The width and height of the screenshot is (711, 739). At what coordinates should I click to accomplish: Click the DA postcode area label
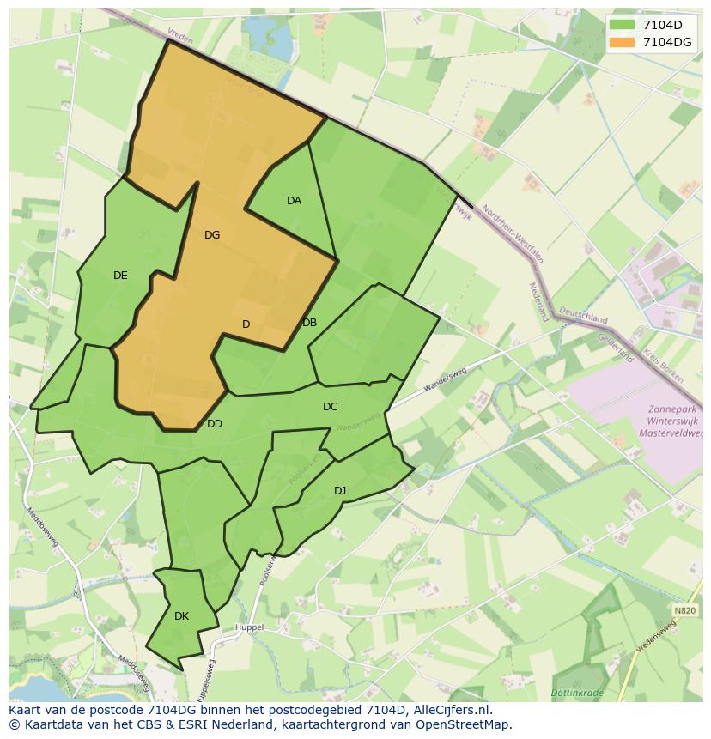[294, 201]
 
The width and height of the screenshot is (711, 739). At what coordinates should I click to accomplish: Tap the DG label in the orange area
[212, 234]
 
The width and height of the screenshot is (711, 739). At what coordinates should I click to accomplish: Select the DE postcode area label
[120, 276]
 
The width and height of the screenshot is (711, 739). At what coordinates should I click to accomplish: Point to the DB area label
[309, 323]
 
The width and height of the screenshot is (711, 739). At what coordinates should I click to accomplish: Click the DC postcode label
[330, 407]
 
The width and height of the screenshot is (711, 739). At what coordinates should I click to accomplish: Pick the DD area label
[215, 424]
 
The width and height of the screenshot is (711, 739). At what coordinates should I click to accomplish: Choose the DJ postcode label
[340, 491]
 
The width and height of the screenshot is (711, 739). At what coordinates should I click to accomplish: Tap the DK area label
[181, 616]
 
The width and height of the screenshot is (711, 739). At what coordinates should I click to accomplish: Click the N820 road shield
[684, 610]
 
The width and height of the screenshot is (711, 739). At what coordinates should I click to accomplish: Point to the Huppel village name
[249, 627]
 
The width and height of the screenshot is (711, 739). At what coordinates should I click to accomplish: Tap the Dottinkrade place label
[577, 692]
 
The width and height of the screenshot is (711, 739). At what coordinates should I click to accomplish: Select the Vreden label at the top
[181, 39]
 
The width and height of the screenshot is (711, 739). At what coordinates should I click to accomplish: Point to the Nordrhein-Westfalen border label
[513, 233]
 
